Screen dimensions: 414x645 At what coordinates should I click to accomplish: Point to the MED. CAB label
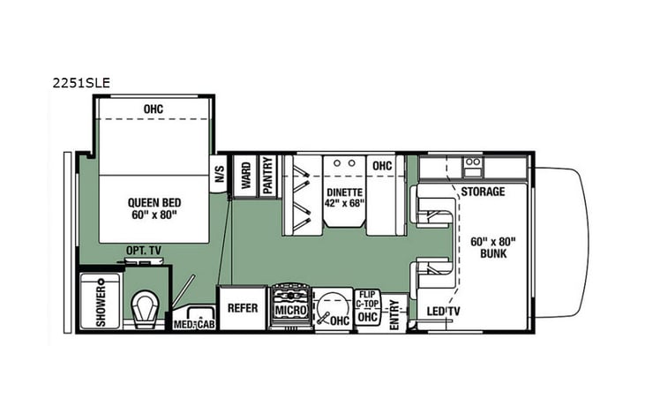click(194, 323)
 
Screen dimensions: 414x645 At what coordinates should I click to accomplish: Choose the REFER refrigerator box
click(242, 309)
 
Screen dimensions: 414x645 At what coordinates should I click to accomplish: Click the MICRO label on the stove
click(289, 312)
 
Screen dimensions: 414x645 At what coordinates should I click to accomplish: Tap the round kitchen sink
click(332, 309)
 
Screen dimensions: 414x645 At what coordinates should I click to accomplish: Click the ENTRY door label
click(394, 313)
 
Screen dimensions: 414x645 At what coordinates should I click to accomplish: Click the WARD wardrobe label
click(244, 172)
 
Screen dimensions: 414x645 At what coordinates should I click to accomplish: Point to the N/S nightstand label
click(220, 174)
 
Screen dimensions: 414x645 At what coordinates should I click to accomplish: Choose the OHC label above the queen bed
click(154, 109)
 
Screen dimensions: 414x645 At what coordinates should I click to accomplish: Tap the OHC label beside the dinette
click(382, 165)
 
